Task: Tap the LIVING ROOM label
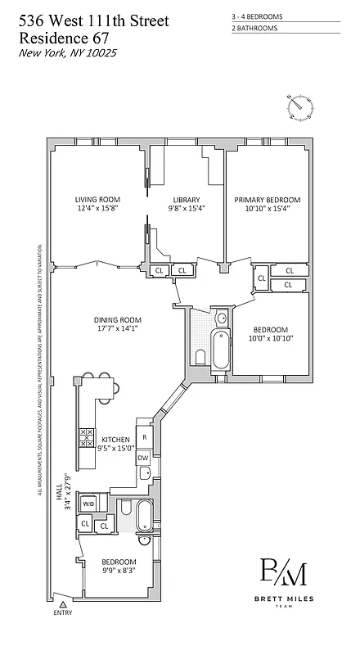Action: (x=97, y=200)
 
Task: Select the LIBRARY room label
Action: (x=186, y=200)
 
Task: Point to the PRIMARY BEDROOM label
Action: (x=268, y=200)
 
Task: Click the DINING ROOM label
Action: (x=119, y=320)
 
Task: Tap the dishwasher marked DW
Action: (x=142, y=457)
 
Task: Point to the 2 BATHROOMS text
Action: (x=255, y=28)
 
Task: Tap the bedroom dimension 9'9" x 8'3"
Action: (x=119, y=571)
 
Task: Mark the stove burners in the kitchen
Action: (x=86, y=437)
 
